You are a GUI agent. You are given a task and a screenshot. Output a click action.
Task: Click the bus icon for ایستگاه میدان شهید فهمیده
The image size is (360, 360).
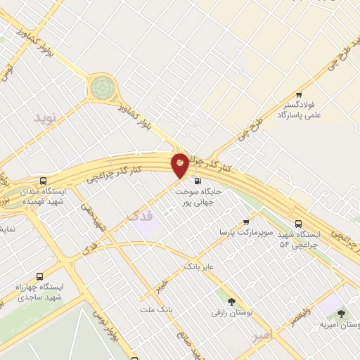tap(44, 180)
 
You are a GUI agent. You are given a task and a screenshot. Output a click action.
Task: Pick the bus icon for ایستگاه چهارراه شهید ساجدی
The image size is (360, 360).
tap(39, 276)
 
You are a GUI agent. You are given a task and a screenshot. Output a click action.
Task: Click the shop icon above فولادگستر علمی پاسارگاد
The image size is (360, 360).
tap(299, 95)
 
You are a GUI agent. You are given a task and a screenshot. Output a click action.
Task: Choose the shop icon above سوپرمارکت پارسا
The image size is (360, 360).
tap(245, 221)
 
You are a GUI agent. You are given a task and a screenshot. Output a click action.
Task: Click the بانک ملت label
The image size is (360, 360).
tap(156, 310)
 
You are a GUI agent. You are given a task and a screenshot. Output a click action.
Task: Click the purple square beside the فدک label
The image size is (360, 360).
tap(146, 228)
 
